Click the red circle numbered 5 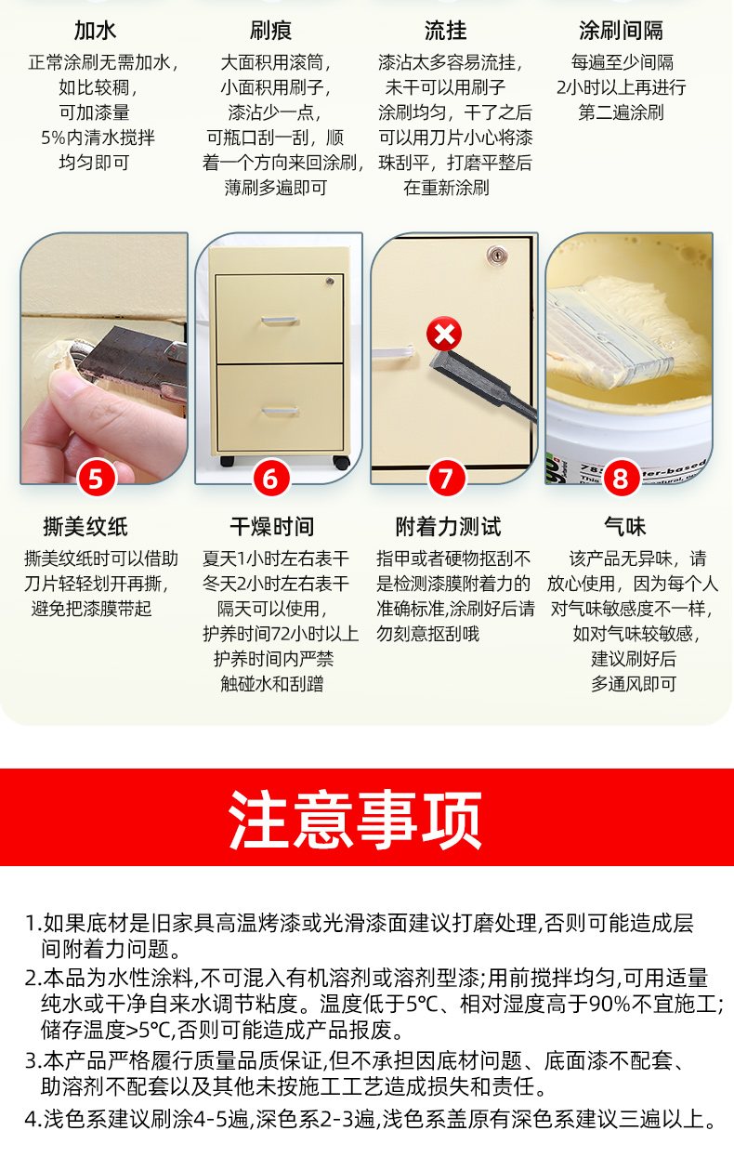[97, 479]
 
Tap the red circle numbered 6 [271, 479]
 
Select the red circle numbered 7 [447, 479]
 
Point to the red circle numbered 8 [621, 479]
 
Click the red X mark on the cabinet [444, 334]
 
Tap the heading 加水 [96, 31]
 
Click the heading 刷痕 [270, 31]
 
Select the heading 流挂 [445, 31]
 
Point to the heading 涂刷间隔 [621, 31]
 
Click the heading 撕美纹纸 [85, 527]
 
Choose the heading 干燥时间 [271, 527]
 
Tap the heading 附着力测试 [448, 527]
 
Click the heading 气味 [625, 527]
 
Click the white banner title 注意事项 [355, 820]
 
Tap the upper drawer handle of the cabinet [280, 321]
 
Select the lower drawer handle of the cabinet [280, 411]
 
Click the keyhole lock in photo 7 [497, 255]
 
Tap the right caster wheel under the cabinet [341, 462]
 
